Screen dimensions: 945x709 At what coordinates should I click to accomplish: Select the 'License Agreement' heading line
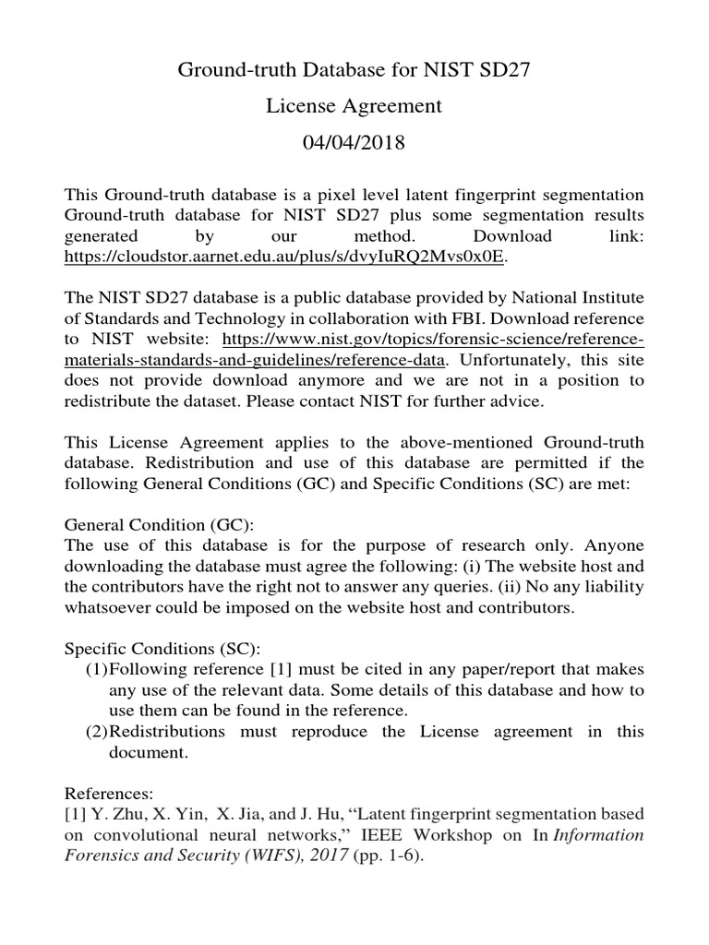(354, 106)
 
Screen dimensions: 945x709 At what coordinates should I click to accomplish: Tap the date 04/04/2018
(354, 144)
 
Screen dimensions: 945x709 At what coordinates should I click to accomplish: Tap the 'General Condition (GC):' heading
(157, 522)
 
